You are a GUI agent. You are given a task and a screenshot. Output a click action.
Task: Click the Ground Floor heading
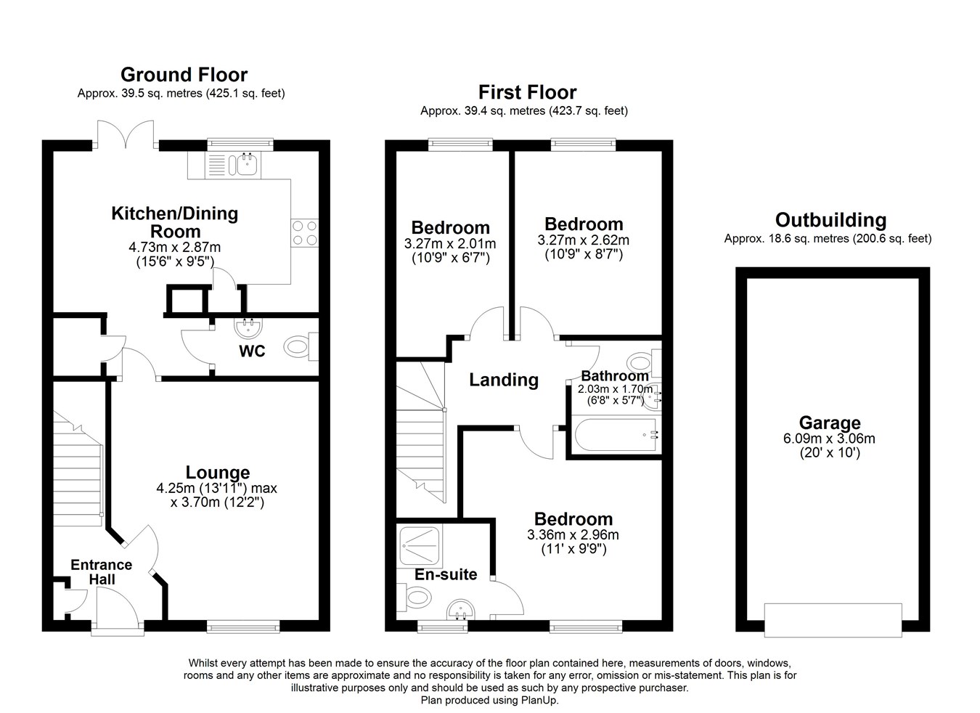pos(184,75)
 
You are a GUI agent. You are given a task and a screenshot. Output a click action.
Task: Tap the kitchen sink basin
pos(248,165)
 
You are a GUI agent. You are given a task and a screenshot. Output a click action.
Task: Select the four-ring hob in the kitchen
pos(304,233)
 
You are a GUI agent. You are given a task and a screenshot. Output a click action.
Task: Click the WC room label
pos(252,351)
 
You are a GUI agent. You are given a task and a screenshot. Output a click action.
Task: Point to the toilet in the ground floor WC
pos(301,346)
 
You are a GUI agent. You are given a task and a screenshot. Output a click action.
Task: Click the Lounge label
pos(218,472)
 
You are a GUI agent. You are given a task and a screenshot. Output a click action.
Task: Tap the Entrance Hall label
pos(102,572)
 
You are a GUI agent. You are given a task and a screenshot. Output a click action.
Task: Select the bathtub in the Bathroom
pos(615,435)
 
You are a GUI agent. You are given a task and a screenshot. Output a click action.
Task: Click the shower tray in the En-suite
pos(420,546)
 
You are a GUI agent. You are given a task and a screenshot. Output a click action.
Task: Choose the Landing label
pos(504,380)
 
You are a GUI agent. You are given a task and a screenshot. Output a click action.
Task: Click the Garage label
pos(830,423)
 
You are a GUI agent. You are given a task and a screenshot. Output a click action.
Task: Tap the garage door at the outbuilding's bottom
pos(833,620)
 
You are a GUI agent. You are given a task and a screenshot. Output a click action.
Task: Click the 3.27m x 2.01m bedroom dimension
pos(450,243)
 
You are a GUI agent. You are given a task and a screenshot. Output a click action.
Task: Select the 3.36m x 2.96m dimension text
pos(573,534)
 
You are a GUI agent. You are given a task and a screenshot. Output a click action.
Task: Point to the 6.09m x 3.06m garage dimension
pos(830,438)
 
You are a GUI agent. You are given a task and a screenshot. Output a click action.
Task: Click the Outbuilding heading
pos(830,220)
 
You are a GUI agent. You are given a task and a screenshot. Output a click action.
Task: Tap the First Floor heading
pos(527,92)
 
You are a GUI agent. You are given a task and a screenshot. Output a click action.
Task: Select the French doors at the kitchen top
pos(126,134)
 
